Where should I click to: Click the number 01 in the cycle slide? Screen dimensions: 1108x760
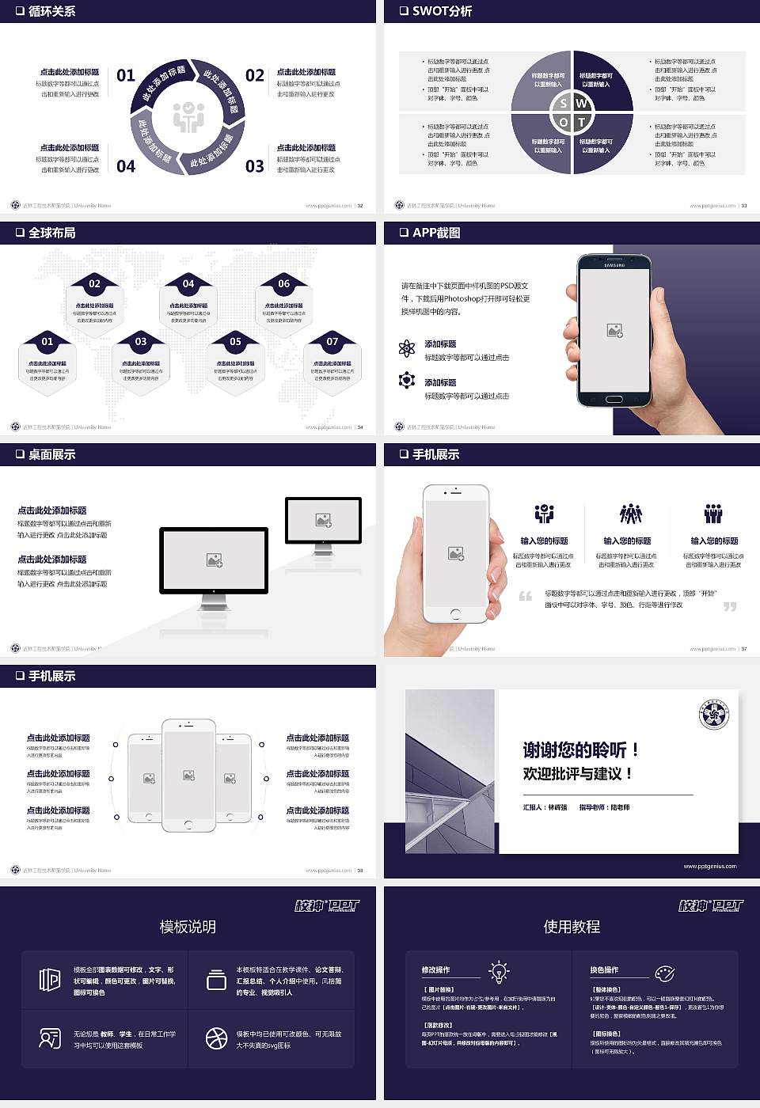point(126,75)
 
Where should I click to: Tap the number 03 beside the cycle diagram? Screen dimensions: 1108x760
point(254,166)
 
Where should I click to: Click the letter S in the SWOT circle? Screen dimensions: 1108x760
point(563,104)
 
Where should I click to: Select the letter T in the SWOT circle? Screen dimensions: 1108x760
point(581,122)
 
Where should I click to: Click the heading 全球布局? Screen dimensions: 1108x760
point(51,233)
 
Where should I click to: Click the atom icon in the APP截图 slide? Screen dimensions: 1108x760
point(407,348)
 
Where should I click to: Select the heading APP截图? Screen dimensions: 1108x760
point(435,233)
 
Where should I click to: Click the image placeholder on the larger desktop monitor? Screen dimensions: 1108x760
point(214,560)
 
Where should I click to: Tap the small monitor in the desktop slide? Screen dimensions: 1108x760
point(323,522)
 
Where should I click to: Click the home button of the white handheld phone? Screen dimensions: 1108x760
point(455,613)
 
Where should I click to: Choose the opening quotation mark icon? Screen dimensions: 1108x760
point(526,596)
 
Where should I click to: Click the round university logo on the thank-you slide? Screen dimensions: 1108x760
point(714,715)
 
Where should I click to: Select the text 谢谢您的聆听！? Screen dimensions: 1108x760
point(580,749)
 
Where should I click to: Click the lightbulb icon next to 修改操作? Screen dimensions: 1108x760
point(499,971)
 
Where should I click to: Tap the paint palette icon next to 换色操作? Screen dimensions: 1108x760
point(664,973)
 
